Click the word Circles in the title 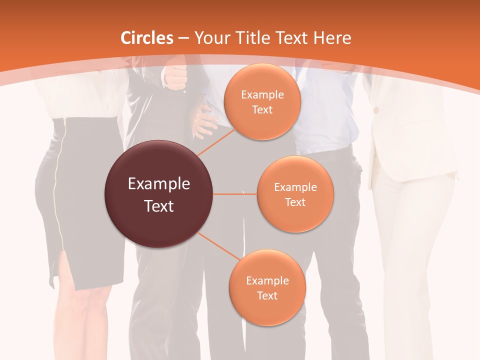pos(147,38)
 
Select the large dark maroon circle pos(158,194)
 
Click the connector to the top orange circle pos(216,141)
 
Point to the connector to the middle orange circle pos(234,194)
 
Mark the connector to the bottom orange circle pos(218,247)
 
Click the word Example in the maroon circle pos(158,184)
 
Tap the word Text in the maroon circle pos(158,206)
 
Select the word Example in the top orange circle pos(262,95)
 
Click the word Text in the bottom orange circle pos(267,295)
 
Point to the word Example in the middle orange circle pos(295,187)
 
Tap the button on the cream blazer pos(376,109)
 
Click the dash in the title pos(183,38)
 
